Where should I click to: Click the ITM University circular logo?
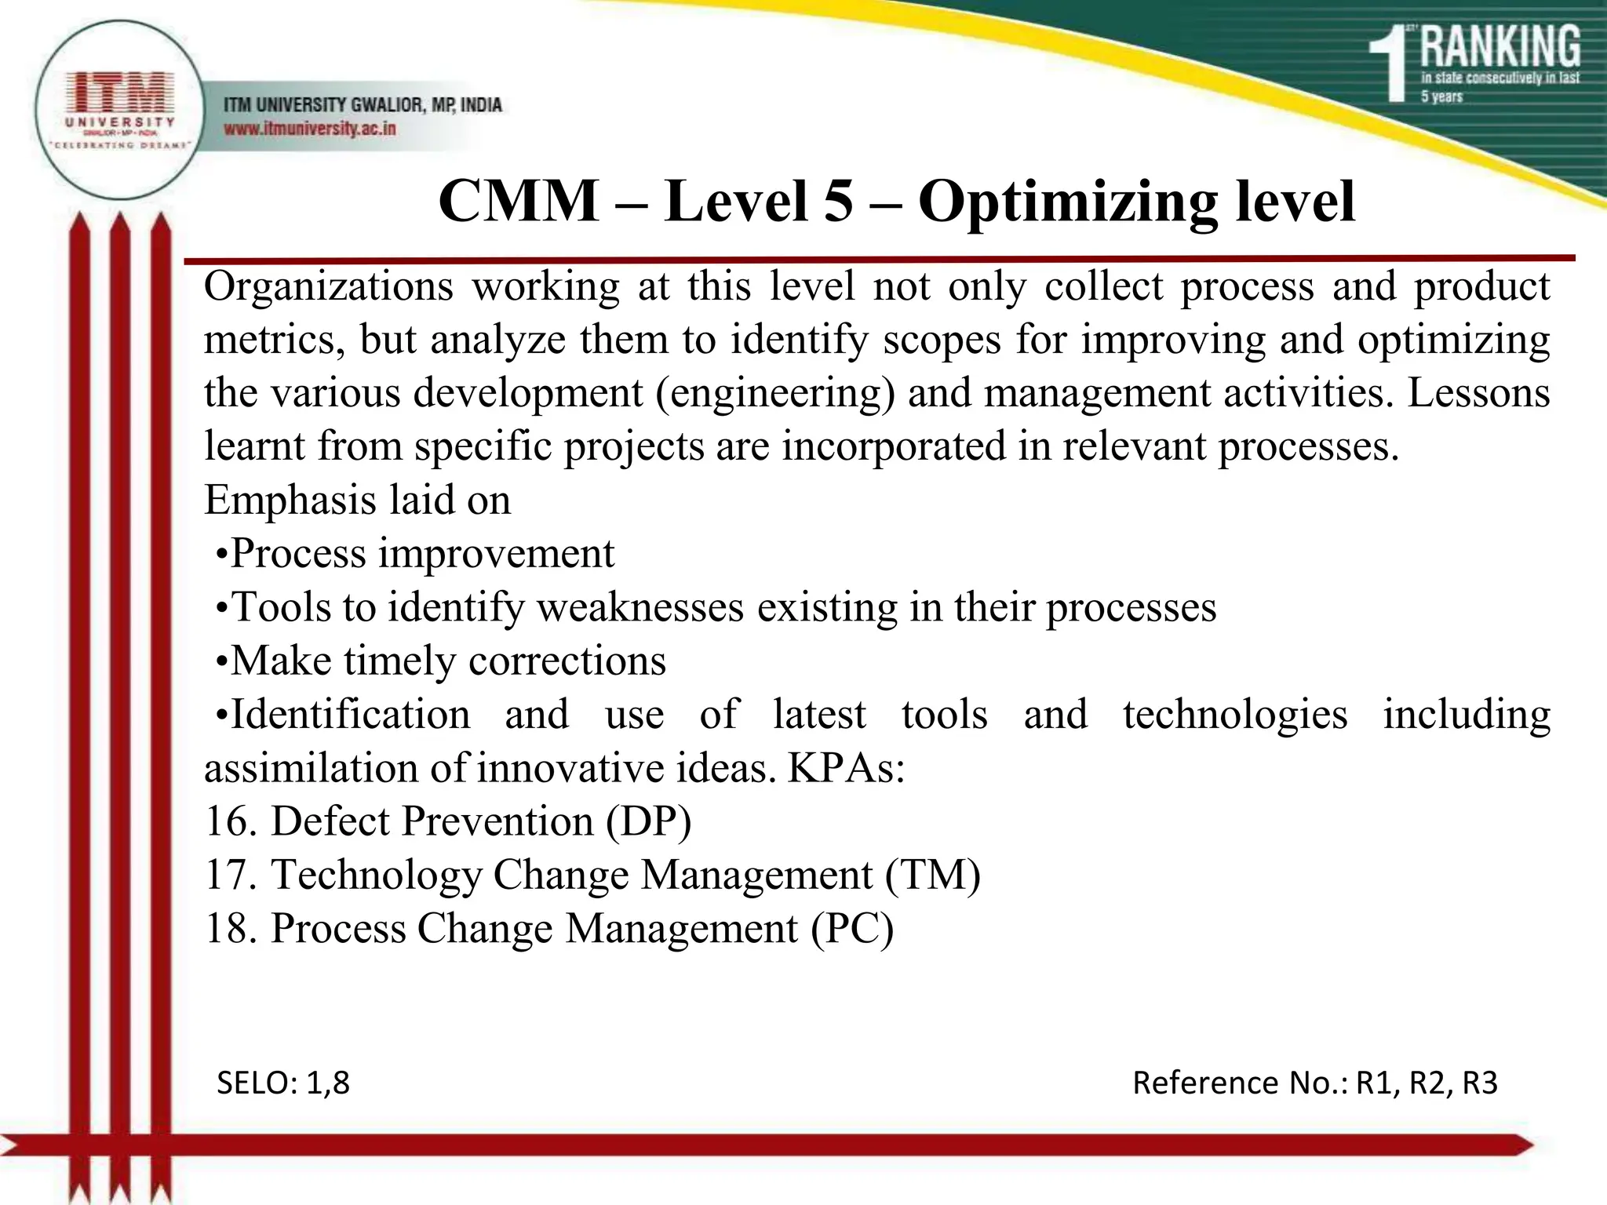[x=118, y=110]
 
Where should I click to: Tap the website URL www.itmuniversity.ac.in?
[x=310, y=128]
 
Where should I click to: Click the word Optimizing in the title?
[x=1067, y=202]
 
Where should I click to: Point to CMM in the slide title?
[x=518, y=202]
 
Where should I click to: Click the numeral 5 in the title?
[x=838, y=202]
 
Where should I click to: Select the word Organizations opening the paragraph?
[x=328, y=286]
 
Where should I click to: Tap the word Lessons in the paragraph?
[x=1478, y=392]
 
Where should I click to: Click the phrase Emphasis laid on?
[x=357, y=500]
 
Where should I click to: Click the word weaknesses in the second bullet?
[x=640, y=607]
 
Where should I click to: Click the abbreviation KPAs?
[x=845, y=768]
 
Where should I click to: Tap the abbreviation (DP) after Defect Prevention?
[x=648, y=821]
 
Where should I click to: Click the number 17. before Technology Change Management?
[x=231, y=875]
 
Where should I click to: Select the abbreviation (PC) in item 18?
[x=852, y=929]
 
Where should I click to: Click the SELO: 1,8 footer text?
[x=282, y=1083]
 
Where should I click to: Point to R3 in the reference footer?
[x=1480, y=1083]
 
